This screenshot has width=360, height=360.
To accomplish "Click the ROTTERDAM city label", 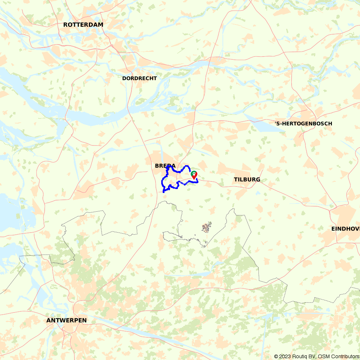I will (83, 25).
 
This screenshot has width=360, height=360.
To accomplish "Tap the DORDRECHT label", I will (139, 78).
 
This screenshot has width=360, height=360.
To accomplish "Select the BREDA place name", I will (165, 166).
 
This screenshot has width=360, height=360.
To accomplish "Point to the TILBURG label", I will (247, 180).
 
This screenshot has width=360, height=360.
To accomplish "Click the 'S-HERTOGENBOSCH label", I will (303, 124).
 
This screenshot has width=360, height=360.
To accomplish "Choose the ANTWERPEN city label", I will (67, 320).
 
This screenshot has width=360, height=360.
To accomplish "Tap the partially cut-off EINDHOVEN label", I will (346, 229).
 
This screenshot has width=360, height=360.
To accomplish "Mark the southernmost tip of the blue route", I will (164, 192).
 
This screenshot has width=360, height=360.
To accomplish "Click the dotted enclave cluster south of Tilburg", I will (206, 228).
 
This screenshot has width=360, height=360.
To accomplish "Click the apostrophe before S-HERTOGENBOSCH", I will (276, 123).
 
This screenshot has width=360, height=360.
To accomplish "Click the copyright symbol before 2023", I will (276, 356).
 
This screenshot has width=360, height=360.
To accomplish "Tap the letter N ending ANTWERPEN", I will (85, 320).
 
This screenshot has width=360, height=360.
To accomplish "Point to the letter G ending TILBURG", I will (258, 180).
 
